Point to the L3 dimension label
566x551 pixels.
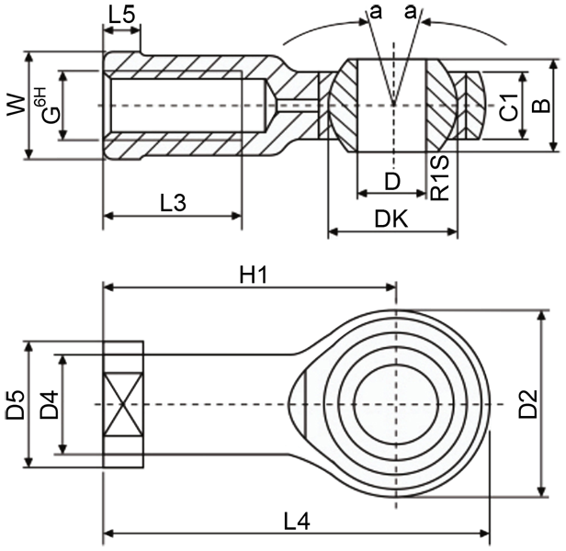pyautogui.click(x=172, y=203)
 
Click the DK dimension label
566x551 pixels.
pyautogui.click(x=391, y=218)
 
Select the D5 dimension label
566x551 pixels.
pyautogui.click(x=15, y=405)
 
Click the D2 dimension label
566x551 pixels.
pyautogui.click(x=526, y=405)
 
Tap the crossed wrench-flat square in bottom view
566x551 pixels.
pyautogui.click(x=123, y=405)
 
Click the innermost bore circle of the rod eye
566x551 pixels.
pyautogui.click(x=396, y=405)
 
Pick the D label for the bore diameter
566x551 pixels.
pyautogui.click(x=392, y=181)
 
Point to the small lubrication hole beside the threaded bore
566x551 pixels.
pyautogui.click(x=294, y=105)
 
